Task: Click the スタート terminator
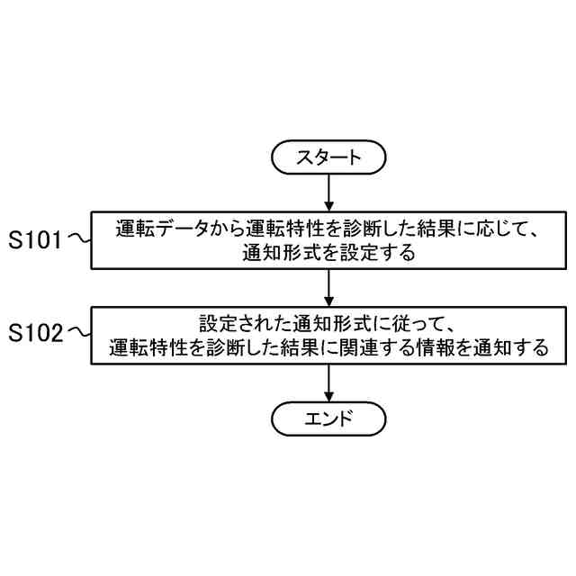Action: coord(328,157)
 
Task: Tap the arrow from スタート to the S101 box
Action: coord(328,192)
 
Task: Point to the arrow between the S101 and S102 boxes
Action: coord(328,287)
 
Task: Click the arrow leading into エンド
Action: coord(328,382)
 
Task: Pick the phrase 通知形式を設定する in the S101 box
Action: coord(328,253)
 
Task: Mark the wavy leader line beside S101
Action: coord(79,239)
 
